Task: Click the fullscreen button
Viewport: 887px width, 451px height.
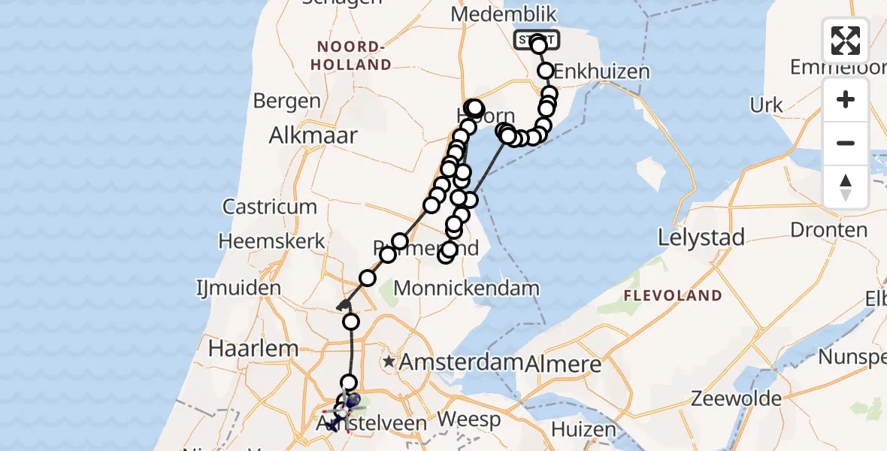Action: point(846,41)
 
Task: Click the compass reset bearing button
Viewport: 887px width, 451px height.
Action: point(846,187)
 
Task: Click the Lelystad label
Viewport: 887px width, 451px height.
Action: point(701,238)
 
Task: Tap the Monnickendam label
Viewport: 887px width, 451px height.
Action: point(466,288)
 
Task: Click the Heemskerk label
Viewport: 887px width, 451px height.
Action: point(272,242)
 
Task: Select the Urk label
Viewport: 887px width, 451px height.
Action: point(767,105)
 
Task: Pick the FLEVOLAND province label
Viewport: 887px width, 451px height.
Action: point(672,295)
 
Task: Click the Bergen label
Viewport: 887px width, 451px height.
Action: point(286,101)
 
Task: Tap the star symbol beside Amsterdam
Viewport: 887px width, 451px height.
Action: point(388,362)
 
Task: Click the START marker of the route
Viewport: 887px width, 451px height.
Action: point(535,38)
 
